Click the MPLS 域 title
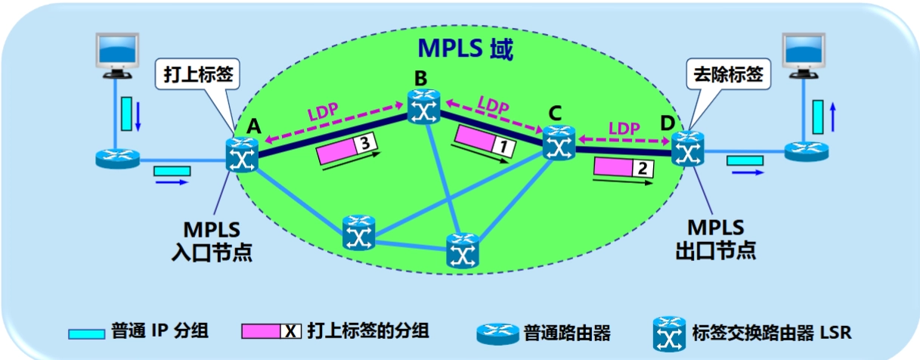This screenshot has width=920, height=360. click(465, 50)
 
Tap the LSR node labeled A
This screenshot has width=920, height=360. click(242, 155)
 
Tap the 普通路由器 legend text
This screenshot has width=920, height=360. click(566, 331)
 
